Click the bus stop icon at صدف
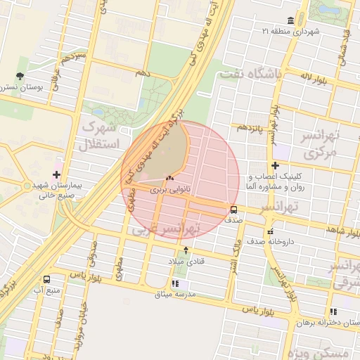[234, 209]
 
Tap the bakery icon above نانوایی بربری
[169, 179]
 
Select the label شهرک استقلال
[102, 136]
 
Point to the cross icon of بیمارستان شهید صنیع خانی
[56, 174]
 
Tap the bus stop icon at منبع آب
[46, 279]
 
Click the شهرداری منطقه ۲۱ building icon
[291, 20]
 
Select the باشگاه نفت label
[250, 73]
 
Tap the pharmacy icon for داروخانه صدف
[270, 231]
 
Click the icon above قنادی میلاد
[186, 250]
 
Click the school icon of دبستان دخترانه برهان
[333, 311]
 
